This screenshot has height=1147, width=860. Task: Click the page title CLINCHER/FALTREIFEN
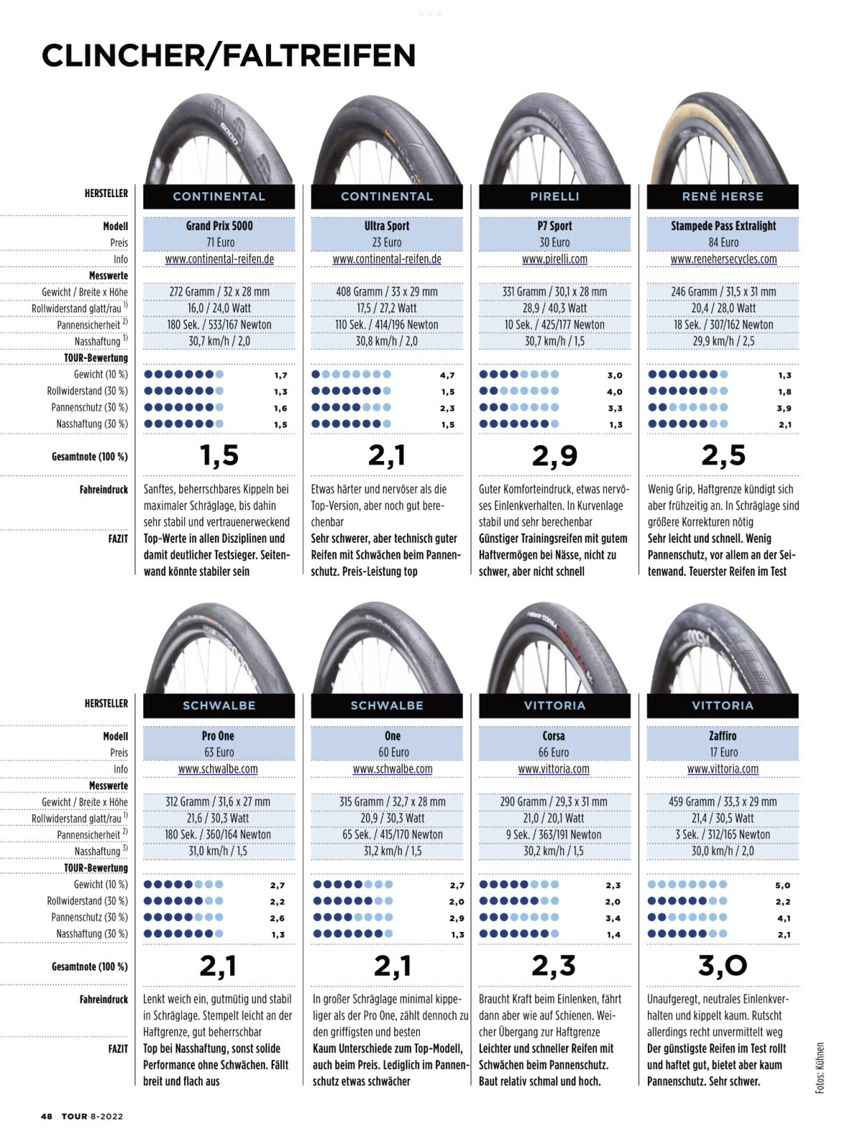pos(229,55)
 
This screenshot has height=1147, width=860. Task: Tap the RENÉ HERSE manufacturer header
pos(722,196)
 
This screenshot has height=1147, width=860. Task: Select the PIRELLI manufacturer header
pos(555,196)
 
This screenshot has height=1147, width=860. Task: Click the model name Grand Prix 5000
pos(219,226)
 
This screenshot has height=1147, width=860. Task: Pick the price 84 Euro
pos(723,242)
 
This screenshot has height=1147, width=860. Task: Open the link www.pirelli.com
pos(555,259)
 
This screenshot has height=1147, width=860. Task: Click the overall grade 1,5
pos(219,455)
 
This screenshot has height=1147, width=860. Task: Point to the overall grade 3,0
pos(722,966)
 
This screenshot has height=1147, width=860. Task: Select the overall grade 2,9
pos(555,455)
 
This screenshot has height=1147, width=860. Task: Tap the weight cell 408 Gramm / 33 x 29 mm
pos(387,292)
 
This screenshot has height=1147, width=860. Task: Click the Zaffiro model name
pos(722,736)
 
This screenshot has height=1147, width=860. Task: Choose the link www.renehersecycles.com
pos(723,259)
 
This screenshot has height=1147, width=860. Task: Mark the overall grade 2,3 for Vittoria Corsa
pos(554,966)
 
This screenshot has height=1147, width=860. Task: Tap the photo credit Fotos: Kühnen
pos(820,1067)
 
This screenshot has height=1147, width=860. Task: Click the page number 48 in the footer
pos(47,1116)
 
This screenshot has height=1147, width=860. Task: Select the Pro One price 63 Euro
pos(219,752)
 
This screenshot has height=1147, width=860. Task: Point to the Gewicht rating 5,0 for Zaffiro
pos(783,885)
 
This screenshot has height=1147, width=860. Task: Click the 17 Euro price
pos(723,752)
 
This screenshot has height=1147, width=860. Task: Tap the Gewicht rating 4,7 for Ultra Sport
pos(447,375)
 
